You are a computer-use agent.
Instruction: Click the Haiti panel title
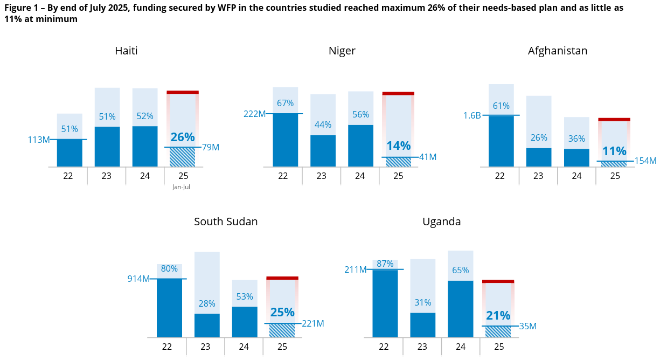(126, 51)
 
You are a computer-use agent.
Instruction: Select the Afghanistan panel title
(557, 51)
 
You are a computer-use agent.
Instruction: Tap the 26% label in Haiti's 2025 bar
(183, 137)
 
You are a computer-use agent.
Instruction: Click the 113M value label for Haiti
(39, 140)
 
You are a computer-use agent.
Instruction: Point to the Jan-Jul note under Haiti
(182, 187)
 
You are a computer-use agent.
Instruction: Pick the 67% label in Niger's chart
(285, 103)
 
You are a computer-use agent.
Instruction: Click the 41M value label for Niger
(428, 157)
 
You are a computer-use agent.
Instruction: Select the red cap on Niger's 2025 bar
(398, 93)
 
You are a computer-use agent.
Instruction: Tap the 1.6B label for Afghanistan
(471, 115)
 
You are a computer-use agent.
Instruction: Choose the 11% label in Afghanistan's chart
(614, 151)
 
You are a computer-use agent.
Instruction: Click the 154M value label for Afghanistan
(645, 161)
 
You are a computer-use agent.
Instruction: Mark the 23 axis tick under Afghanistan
(538, 176)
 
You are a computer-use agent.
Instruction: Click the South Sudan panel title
(226, 222)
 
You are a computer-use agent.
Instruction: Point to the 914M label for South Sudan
(138, 279)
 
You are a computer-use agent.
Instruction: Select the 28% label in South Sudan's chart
(207, 303)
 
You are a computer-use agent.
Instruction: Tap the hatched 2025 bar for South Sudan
(282, 330)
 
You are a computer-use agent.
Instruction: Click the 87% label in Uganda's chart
(385, 264)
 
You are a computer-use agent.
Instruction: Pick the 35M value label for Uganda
(528, 326)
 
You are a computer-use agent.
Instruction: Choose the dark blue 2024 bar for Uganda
(460, 309)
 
